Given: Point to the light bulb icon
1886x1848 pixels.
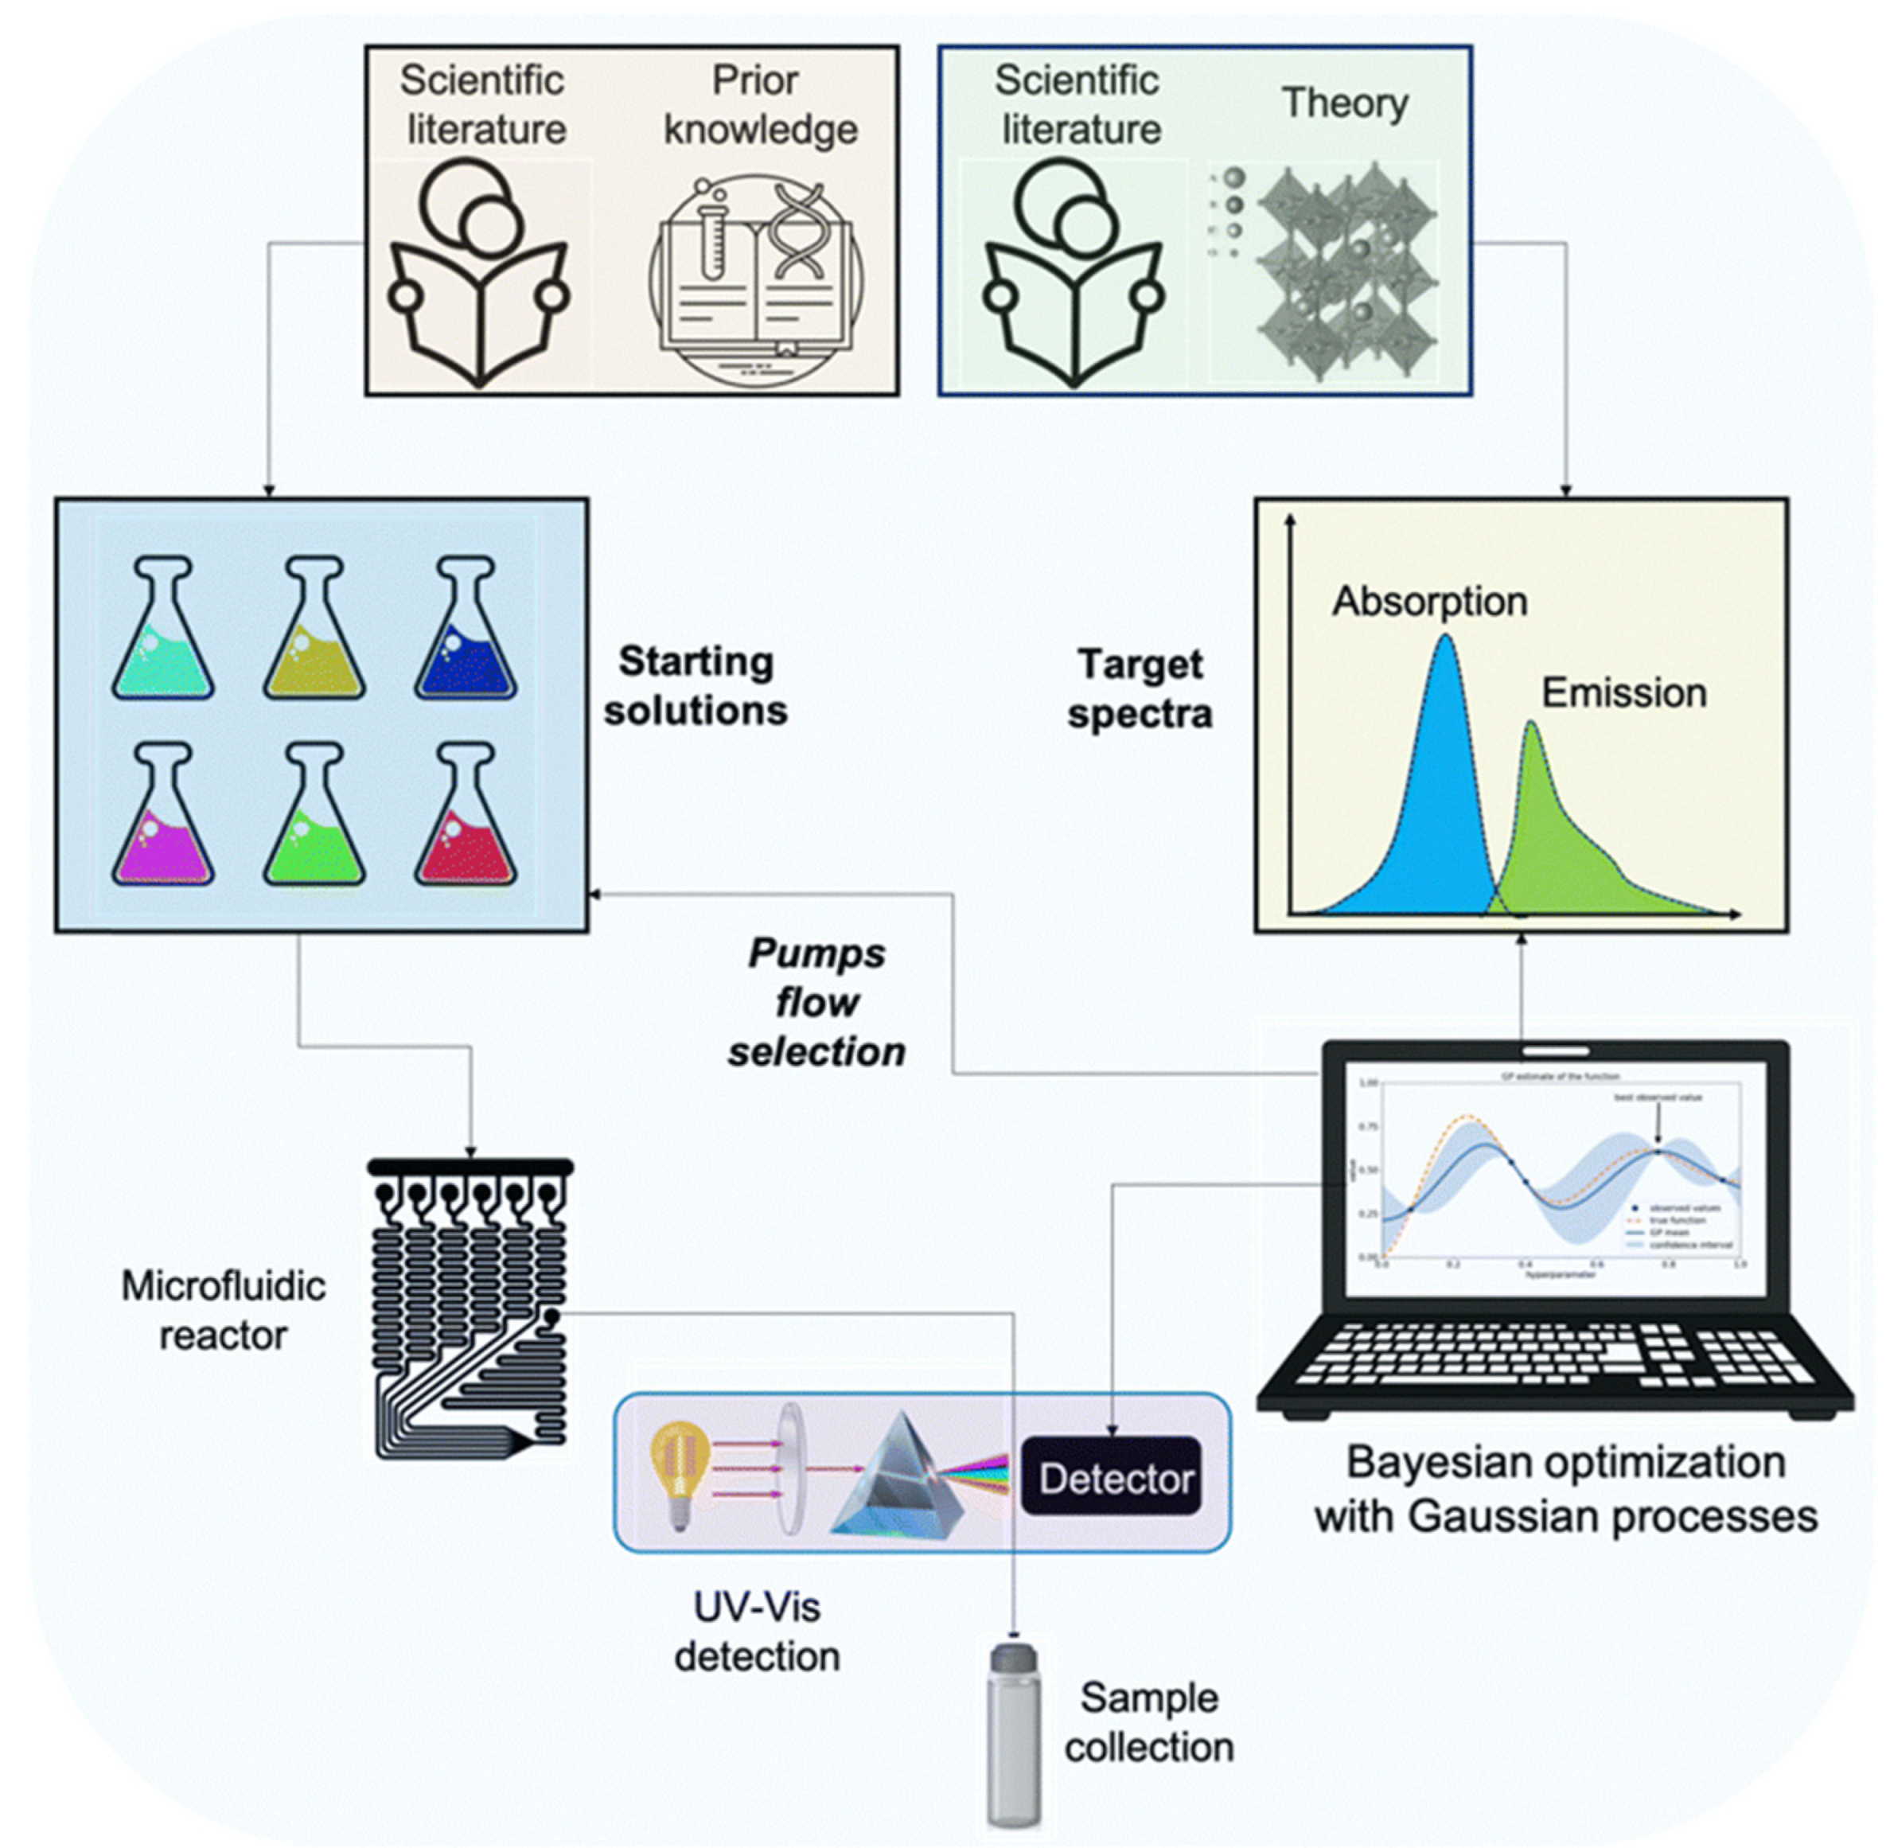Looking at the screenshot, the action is [680, 1473].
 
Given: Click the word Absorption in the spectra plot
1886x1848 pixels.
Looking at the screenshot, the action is [1428, 602].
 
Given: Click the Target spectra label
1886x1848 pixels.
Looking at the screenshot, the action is [1140, 690].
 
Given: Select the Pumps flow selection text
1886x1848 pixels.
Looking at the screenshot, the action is [816, 1004].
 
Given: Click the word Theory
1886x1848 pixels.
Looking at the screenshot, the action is [1344, 103].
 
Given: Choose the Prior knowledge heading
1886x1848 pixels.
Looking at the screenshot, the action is [759, 105].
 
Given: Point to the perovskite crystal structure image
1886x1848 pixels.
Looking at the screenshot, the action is [1344, 271].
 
